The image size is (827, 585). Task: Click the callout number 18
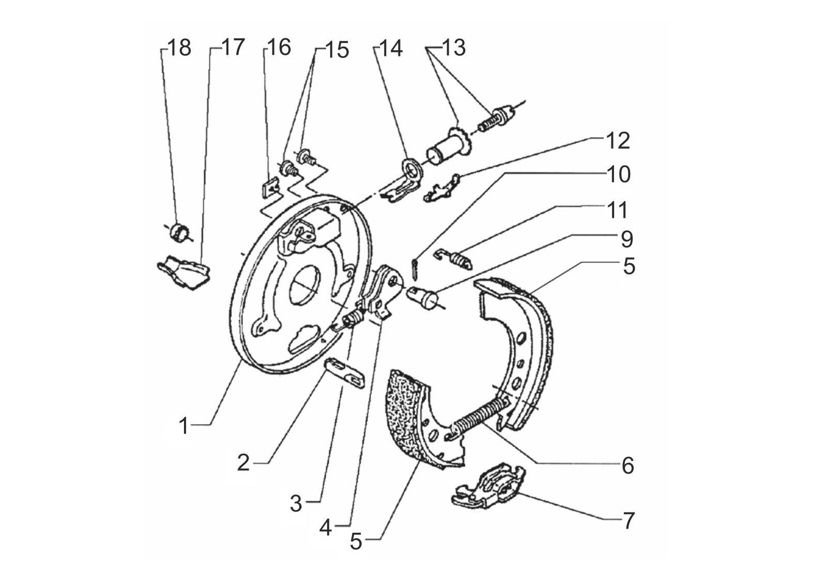179,48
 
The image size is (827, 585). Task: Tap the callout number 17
233,47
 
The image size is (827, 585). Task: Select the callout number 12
618,141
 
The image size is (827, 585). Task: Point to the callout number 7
629,521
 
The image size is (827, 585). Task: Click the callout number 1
183,426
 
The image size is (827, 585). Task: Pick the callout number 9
627,239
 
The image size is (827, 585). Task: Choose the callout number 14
391,49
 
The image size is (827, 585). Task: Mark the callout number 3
296,503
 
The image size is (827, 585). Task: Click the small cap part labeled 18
179,233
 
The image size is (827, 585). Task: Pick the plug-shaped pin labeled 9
423,297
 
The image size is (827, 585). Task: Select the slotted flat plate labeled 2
344,373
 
